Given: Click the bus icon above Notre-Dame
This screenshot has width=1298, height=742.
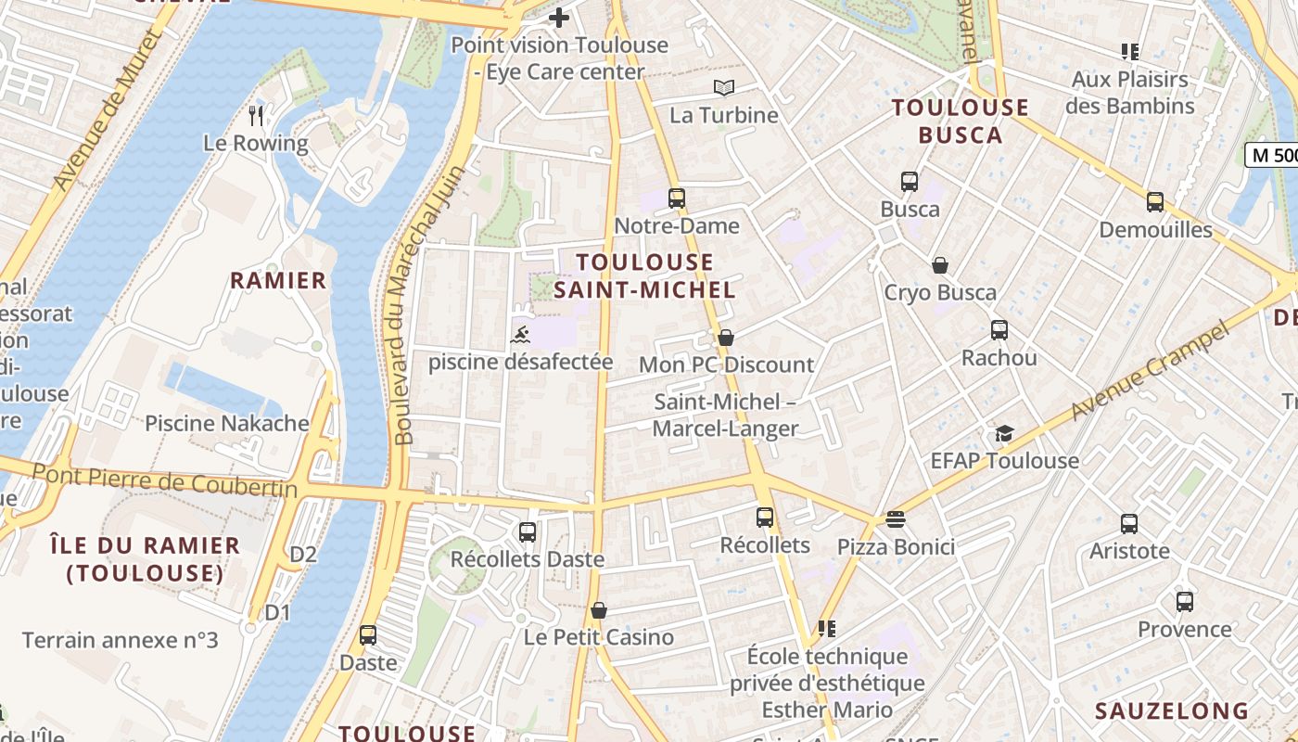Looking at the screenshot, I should [x=677, y=198].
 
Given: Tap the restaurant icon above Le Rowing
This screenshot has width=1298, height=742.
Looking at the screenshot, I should [x=257, y=115].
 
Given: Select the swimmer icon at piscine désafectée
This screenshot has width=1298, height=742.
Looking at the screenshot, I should [x=520, y=334].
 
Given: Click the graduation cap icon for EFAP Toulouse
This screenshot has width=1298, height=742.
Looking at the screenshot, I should [x=1004, y=433].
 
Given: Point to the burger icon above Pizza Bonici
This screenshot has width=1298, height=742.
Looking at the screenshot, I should [x=895, y=519].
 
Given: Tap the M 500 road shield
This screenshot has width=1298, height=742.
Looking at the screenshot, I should [x=1272, y=155].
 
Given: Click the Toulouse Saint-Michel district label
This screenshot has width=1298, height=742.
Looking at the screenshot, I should [x=644, y=275].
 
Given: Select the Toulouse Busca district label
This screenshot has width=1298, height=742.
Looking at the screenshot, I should [x=961, y=121].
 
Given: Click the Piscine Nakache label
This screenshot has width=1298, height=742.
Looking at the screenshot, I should [x=227, y=424].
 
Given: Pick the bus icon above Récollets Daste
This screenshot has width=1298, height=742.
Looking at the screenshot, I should [x=528, y=532].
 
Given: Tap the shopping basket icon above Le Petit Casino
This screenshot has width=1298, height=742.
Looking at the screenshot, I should [x=599, y=610].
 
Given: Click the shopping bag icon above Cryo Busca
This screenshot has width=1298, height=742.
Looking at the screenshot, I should [x=940, y=265].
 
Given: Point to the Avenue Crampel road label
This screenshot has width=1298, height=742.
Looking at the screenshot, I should [x=1150, y=369].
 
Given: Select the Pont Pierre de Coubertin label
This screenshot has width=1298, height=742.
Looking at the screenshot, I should [x=165, y=480].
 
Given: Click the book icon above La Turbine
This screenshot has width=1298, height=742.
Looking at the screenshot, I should [x=724, y=87].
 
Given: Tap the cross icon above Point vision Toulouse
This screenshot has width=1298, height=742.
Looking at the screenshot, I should [x=559, y=17].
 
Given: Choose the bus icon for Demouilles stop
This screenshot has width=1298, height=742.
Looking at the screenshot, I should [x=1155, y=202].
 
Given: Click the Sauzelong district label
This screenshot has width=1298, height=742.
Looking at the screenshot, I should [x=1172, y=711].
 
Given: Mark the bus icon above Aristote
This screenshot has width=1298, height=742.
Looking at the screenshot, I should [x=1129, y=523].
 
